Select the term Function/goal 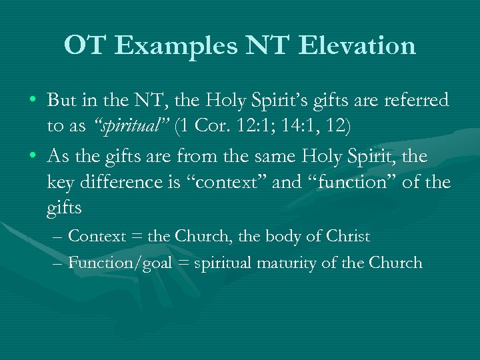click(x=117, y=262)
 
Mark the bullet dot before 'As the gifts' click(x=33, y=157)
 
